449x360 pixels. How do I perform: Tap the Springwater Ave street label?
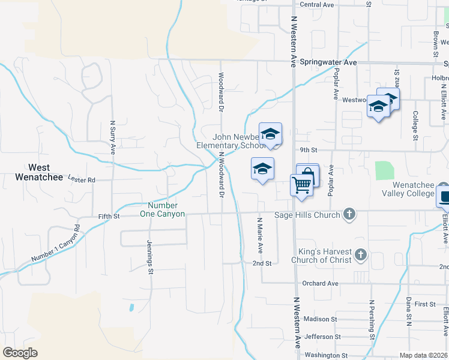point(328,62)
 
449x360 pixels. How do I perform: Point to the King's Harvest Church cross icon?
point(360,255)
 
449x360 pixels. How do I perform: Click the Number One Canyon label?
point(163,209)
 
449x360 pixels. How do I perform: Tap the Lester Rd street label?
point(82,179)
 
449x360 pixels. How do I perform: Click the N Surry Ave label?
point(112,139)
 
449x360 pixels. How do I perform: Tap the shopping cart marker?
point(302,184)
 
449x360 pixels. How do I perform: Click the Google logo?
point(20,353)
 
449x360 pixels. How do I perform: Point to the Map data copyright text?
point(423,355)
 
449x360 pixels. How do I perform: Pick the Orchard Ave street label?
point(321,283)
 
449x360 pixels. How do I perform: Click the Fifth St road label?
point(109,216)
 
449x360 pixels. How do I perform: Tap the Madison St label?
point(321,319)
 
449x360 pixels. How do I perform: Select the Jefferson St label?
point(322,337)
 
